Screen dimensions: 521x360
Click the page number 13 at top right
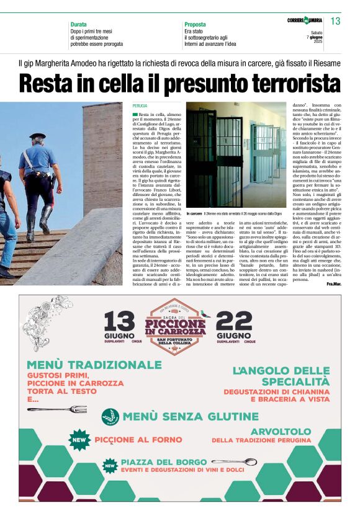pyautogui.click(x=336, y=21)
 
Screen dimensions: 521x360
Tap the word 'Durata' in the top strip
pyautogui.click(x=78, y=24)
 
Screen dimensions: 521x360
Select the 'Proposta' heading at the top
pyautogui.click(x=196, y=24)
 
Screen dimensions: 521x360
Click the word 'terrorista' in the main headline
pyautogui.click(x=289, y=82)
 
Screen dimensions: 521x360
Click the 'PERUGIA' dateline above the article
pyautogui.click(x=140, y=106)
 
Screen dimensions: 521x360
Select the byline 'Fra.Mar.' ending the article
pyautogui.click(x=333, y=283)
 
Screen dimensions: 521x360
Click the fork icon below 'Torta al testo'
pyautogui.click(x=65, y=409)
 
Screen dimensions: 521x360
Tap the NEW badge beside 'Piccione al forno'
pyautogui.click(x=79, y=440)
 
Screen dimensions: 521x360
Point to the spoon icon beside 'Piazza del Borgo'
pyautogui.click(x=233, y=462)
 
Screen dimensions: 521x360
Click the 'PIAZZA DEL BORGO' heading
pyautogui.click(x=164, y=463)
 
